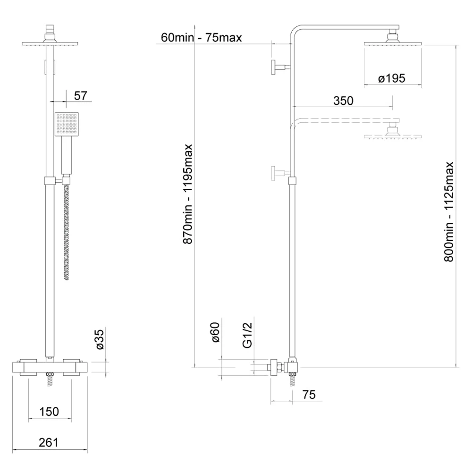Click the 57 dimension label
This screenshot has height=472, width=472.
80,96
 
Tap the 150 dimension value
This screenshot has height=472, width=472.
49,412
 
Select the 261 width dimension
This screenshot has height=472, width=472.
49,443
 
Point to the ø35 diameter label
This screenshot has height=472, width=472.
100,339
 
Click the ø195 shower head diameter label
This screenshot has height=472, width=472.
392,78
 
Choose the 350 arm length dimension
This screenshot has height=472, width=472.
343,101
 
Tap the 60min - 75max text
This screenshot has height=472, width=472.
202,38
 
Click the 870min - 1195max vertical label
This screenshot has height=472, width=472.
188,194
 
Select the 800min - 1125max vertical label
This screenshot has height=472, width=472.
448,212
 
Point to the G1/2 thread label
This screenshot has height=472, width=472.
247,335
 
